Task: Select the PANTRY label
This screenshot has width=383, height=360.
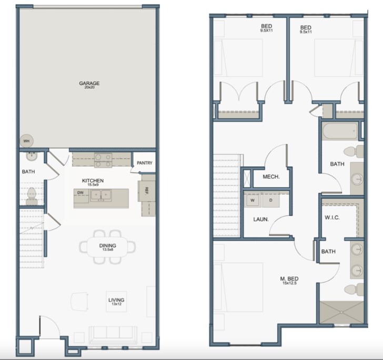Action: (x=144, y=163)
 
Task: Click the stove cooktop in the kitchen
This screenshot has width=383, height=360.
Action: (x=102, y=160)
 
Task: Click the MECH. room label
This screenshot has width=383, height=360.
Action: (x=270, y=177)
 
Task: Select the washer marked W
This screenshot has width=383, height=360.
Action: (x=253, y=200)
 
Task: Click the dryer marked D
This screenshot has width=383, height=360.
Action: (x=271, y=200)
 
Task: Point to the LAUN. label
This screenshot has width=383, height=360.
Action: (x=261, y=219)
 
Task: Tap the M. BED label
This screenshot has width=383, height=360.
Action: (x=290, y=281)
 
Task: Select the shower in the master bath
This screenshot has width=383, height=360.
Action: (x=341, y=312)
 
